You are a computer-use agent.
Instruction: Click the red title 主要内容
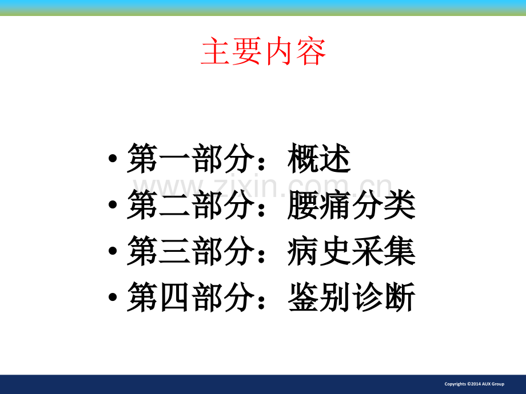click(x=264, y=51)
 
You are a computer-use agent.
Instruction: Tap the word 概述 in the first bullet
click(x=319, y=159)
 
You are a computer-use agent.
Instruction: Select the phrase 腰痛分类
click(x=352, y=204)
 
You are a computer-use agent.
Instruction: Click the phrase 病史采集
click(x=352, y=251)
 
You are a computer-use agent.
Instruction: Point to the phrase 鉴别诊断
click(x=352, y=297)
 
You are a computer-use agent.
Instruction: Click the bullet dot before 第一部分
click(x=113, y=158)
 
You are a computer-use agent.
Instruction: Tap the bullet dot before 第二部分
click(x=113, y=204)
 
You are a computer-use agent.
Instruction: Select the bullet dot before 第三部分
click(x=113, y=251)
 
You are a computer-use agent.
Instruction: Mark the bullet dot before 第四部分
click(x=113, y=297)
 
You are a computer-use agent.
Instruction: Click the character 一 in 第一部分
click(x=174, y=159)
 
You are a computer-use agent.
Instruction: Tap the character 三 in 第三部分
click(x=174, y=251)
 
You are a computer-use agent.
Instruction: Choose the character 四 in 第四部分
click(x=174, y=297)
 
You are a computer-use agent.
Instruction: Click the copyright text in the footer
click(x=475, y=384)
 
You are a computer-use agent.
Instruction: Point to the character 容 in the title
click(x=311, y=51)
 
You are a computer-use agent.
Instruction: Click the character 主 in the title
click(x=216, y=51)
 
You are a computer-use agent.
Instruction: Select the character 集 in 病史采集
click(x=400, y=251)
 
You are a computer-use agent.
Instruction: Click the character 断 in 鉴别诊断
click(x=400, y=297)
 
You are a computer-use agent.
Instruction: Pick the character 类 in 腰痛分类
click(x=400, y=204)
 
